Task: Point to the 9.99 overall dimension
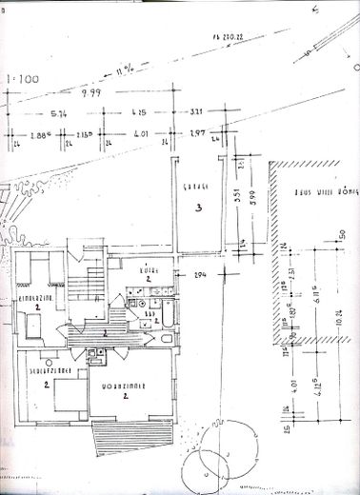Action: tap(91, 94)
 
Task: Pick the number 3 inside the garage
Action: tap(195, 207)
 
